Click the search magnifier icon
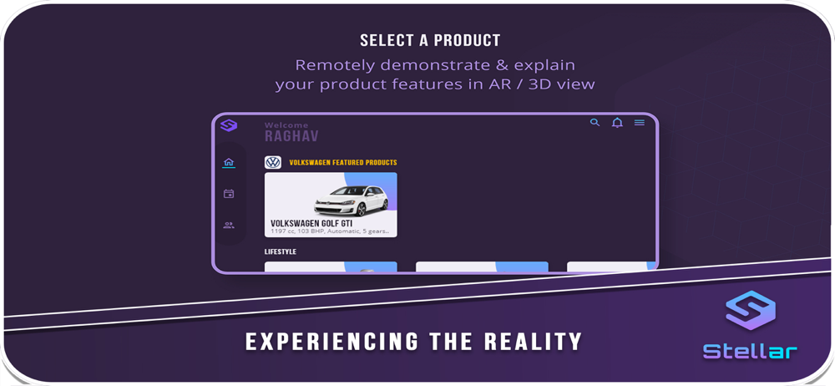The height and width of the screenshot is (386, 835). [595, 123]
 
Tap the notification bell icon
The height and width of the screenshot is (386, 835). [617, 123]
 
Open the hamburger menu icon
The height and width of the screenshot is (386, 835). [640, 123]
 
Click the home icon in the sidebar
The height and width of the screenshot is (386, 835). [229, 162]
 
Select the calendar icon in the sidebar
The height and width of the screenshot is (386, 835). [229, 194]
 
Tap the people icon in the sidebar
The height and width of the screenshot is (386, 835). [229, 225]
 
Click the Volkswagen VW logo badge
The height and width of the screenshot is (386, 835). [273, 163]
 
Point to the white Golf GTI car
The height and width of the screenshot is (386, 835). [351, 201]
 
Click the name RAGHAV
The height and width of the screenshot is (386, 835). [291, 136]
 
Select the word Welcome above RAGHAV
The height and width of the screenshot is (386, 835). [286, 125]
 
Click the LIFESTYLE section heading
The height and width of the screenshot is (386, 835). [281, 251]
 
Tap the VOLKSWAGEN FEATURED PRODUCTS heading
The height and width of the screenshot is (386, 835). [343, 163]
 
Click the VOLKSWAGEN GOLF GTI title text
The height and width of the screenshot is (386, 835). [311, 223]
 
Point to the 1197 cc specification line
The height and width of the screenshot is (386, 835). [330, 232]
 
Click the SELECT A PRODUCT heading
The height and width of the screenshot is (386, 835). [430, 40]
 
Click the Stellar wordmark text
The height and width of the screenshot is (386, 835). [750, 352]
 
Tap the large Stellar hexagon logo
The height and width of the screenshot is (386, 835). [751, 310]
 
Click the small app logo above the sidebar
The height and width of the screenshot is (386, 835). [229, 126]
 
